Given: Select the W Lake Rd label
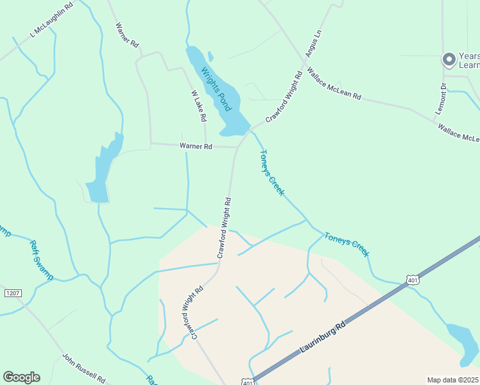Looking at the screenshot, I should click(x=199, y=106).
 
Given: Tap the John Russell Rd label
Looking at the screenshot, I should click(x=83, y=367).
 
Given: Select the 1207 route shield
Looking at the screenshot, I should click(x=13, y=293).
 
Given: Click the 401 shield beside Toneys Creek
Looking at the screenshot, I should click(x=412, y=279).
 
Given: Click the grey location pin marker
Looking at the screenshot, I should click(x=449, y=60).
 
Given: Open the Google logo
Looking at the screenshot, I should click(x=21, y=377).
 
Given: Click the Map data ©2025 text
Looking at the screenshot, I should click(x=452, y=380).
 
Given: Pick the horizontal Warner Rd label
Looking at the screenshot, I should click(x=196, y=146).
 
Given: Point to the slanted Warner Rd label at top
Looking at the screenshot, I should click(x=127, y=36).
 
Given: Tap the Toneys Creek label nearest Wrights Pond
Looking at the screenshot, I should click(x=272, y=172).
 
